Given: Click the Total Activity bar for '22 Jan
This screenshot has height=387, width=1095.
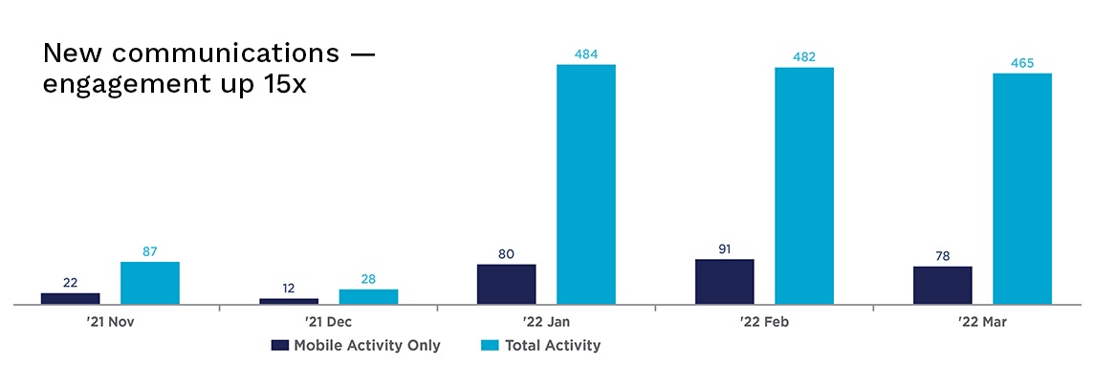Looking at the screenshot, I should point(585,184).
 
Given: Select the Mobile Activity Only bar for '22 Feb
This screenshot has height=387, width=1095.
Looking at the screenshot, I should point(724,282).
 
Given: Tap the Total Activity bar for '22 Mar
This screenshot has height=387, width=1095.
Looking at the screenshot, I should point(1021,189).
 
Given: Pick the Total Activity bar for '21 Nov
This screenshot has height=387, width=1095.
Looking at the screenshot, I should point(149,283).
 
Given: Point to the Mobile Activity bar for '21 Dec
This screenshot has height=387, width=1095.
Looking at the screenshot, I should point(289,301).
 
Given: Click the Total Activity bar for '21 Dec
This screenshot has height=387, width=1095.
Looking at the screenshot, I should point(368,297).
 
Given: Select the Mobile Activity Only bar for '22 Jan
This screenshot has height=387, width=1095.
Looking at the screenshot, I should point(506,285).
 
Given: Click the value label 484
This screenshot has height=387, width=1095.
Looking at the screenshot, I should point(585,54).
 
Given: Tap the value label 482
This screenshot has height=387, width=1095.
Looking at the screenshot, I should point(803,57).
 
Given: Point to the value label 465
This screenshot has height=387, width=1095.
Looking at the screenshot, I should point(1021,63).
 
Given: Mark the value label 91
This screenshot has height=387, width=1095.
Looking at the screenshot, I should point(724,249).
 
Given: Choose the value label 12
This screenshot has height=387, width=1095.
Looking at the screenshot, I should point(289,288).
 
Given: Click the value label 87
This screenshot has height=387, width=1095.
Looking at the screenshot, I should point(149,251).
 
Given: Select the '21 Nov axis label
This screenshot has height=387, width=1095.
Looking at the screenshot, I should point(110,323).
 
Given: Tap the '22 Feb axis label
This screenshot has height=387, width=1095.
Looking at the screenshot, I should point(764,323).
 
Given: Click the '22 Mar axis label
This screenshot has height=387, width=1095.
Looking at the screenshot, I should point(982,323).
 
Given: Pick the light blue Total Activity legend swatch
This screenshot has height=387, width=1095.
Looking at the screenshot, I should point(486,346).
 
